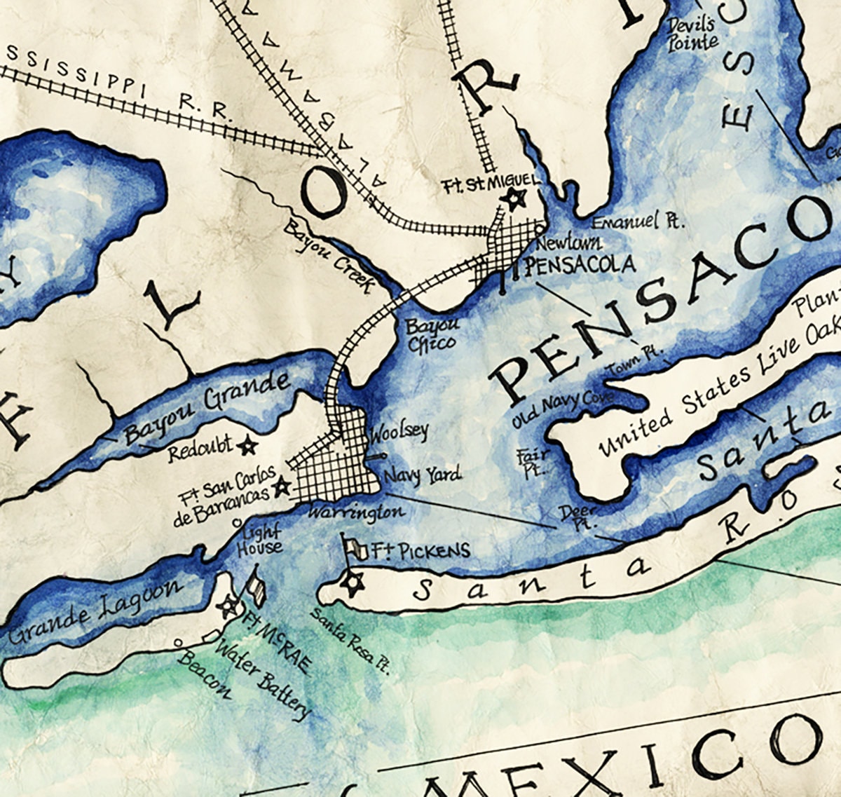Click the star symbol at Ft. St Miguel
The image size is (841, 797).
[515, 200]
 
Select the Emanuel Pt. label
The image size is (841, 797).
[637, 222]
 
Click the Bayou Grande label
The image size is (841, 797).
[206, 409]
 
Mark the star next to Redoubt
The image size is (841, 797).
[246, 444]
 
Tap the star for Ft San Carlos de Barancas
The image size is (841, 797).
[282, 486]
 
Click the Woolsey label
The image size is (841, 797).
[399, 431]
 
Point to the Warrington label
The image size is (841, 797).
[357, 512]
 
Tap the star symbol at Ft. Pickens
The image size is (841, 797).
[352, 582]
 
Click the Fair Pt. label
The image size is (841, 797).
[533, 463]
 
